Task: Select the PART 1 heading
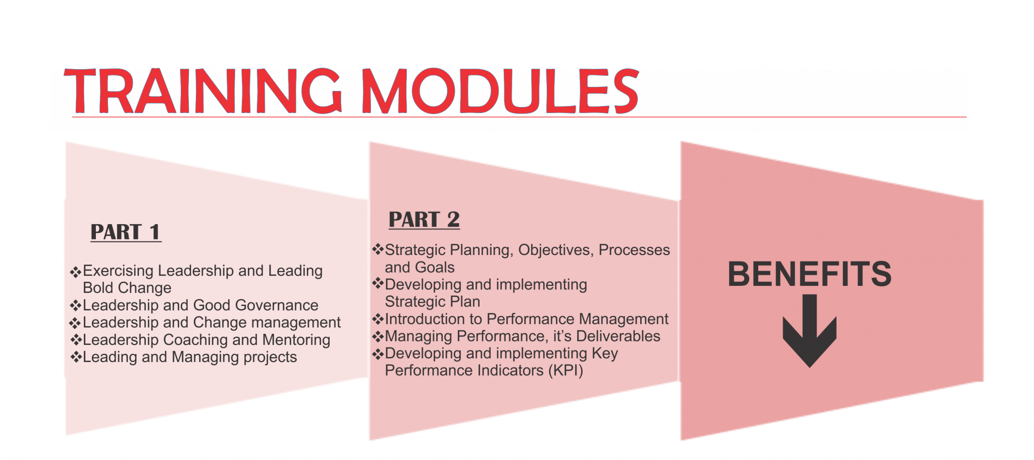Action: [x=126, y=232]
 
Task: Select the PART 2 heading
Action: [x=424, y=220]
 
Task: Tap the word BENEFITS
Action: [x=809, y=274]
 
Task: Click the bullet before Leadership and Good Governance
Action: [x=76, y=305]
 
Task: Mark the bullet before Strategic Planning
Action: [x=378, y=249]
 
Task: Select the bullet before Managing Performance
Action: [x=378, y=336]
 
